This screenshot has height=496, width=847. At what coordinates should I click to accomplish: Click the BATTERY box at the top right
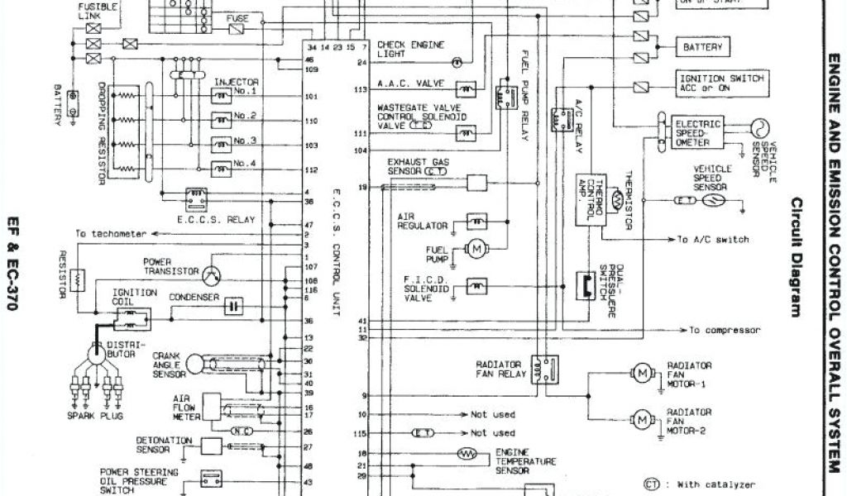click(702, 47)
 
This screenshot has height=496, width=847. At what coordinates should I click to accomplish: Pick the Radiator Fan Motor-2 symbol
click(643, 419)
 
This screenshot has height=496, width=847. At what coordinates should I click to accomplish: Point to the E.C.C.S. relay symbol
click(197, 198)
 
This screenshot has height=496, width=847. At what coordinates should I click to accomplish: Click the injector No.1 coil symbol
click(222, 96)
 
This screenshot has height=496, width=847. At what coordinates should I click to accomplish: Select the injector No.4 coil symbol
click(222, 169)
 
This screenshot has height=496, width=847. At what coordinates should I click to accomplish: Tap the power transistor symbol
click(213, 272)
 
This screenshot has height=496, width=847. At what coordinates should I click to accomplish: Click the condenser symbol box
click(233, 305)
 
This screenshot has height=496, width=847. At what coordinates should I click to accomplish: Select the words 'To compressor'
click(724, 330)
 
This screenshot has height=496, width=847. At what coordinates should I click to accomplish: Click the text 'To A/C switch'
click(713, 240)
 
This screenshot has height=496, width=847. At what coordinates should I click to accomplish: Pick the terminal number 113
click(360, 88)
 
